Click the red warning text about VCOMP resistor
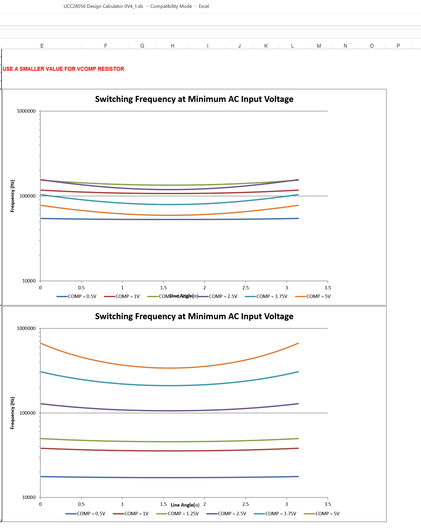click(63, 69)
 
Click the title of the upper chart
click(194, 99)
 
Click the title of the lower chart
click(194, 316)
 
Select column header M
click(319, 46)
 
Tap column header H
click(172, 46)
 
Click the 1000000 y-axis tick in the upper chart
click(26, 111)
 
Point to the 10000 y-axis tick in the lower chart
click(29, 497)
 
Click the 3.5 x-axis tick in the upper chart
click(327, 288)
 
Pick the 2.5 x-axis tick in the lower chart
click(245, 504)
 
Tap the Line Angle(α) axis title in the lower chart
click(185, 505)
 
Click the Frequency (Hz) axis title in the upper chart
click(12, 196)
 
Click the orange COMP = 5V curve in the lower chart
click(170, 368)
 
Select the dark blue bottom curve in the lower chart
click(170, 477)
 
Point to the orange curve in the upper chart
click(170, 215)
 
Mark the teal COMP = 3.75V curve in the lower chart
click(170, 386)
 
